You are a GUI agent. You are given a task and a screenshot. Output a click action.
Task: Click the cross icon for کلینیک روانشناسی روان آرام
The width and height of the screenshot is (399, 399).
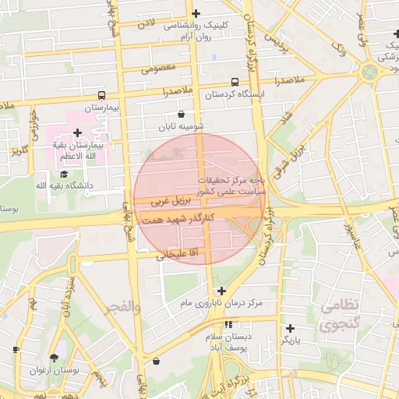[196, 13]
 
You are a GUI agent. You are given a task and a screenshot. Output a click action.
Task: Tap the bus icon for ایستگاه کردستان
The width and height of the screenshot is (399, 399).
[235, 82]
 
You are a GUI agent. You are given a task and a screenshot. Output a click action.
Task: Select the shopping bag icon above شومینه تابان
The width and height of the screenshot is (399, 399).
[181, 114]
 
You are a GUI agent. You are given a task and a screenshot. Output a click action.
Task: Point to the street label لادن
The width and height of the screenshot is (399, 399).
[146, 26]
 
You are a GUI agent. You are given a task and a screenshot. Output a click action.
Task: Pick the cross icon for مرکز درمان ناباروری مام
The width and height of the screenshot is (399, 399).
[221, 290]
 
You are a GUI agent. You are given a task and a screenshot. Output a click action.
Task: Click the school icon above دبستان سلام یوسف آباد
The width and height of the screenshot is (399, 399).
[228, 324]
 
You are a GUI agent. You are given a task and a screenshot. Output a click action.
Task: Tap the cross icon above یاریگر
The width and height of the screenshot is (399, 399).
[290, 328]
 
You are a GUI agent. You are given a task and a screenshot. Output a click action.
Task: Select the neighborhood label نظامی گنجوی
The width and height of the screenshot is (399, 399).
[341, 313]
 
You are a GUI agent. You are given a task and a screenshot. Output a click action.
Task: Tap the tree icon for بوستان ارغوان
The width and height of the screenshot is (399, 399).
[54, 358]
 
